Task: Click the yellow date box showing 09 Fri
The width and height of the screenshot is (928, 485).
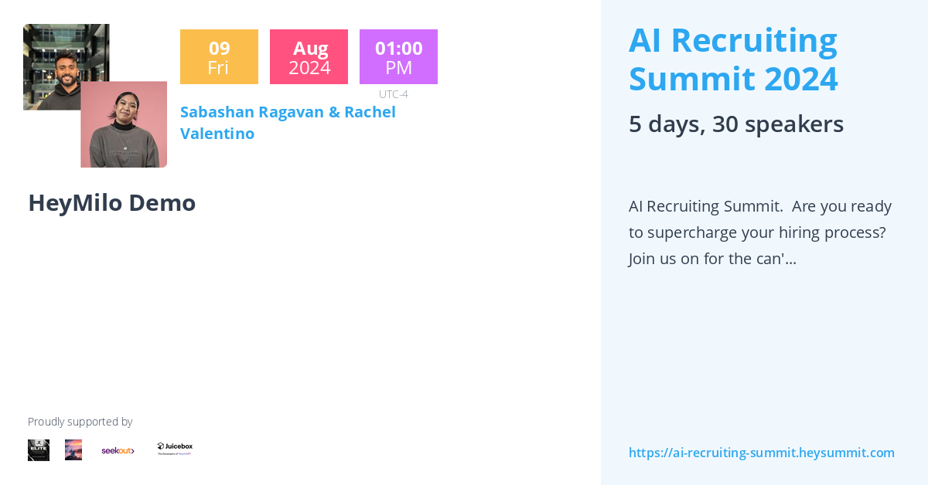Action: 219,57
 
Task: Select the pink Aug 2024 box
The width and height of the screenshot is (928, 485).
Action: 309,57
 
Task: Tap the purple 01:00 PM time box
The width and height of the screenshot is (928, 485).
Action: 398,57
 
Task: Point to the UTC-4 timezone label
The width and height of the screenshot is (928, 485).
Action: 393,94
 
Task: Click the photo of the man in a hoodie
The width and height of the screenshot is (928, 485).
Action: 54,54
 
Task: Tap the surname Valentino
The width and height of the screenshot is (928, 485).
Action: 217,134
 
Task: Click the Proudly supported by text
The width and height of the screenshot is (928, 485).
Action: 80,422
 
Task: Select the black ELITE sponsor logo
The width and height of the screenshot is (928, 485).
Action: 39,450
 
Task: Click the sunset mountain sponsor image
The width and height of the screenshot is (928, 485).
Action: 73,450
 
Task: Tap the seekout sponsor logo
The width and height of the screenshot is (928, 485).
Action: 118,450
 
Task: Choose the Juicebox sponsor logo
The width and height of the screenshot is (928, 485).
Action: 175,448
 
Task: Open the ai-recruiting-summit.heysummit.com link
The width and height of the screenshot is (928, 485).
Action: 761,453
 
